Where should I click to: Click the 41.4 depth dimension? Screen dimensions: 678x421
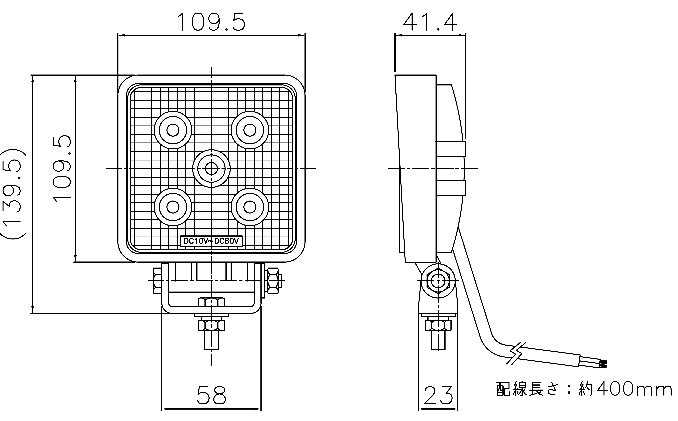(430, 22)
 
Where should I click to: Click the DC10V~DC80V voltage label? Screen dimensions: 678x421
(211, 241)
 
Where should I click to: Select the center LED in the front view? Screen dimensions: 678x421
(211, 168)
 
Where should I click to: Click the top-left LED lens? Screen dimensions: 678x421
(173, 130)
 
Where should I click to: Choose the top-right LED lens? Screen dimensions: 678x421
(250, 130)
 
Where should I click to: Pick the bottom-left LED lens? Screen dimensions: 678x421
(173, 207)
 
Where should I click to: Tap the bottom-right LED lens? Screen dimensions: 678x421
(250, 207)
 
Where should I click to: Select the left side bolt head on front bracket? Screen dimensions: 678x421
(157, 281)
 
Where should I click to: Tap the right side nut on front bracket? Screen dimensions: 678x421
(273, 281)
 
